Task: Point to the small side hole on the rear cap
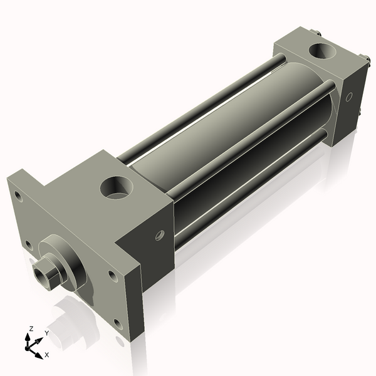point(350,97)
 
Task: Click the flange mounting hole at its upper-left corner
point(19,197)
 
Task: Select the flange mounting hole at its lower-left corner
point(28,245)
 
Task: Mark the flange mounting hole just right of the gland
point(112,274)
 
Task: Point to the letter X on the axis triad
point(46,355)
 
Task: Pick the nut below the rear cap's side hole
point(361,113)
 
